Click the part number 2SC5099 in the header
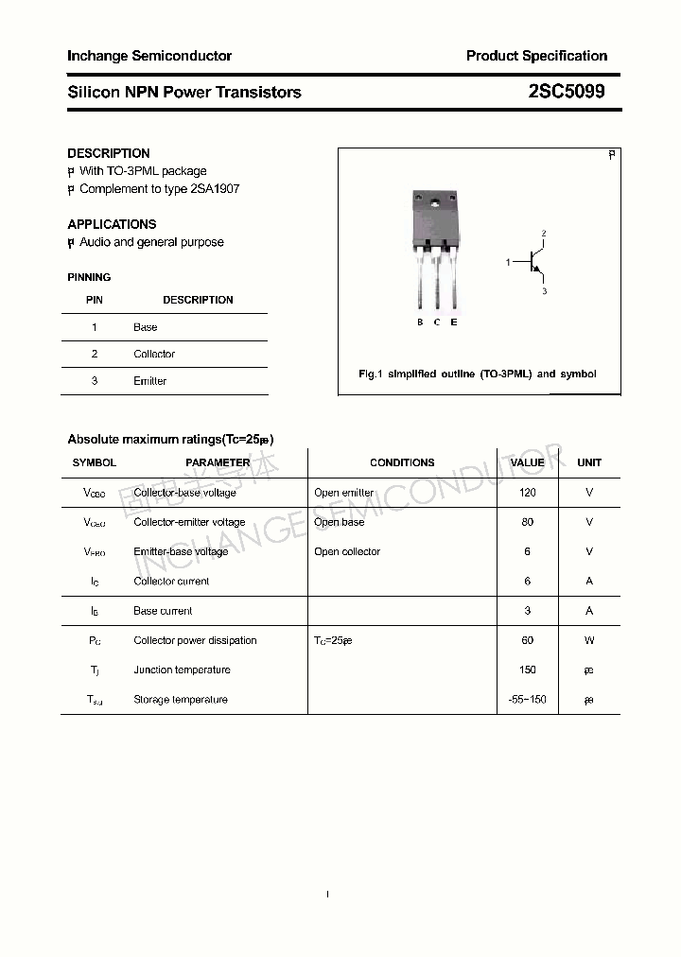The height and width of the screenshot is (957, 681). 567,92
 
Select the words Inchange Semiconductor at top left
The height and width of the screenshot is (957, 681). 149,56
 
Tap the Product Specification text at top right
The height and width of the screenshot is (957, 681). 536,56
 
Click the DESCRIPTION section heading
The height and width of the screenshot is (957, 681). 109,153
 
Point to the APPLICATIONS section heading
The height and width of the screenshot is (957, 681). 112,224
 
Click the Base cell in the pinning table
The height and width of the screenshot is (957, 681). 146,327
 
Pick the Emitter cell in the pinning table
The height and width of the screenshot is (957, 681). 149,381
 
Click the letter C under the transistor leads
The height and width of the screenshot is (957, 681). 437,322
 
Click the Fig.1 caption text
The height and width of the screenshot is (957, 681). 478,374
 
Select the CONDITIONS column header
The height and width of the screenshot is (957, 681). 402,462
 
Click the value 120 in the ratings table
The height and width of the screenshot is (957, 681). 527,493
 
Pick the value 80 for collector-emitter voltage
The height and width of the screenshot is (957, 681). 527,522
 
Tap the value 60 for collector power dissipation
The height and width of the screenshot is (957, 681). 527,640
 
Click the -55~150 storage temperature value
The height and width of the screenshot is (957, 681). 527,700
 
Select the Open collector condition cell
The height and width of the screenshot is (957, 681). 347,551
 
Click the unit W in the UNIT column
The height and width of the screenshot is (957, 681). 589,640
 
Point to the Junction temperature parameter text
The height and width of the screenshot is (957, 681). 182,670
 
